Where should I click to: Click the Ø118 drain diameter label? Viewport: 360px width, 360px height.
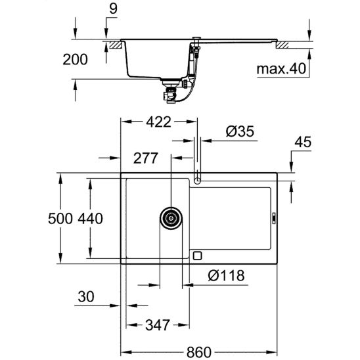pos(225,275)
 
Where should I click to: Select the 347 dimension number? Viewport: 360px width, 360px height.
pos(158,324)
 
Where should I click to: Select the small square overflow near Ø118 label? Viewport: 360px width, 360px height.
pos(198,254)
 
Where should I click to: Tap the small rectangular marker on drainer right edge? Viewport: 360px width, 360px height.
pos(274,216)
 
